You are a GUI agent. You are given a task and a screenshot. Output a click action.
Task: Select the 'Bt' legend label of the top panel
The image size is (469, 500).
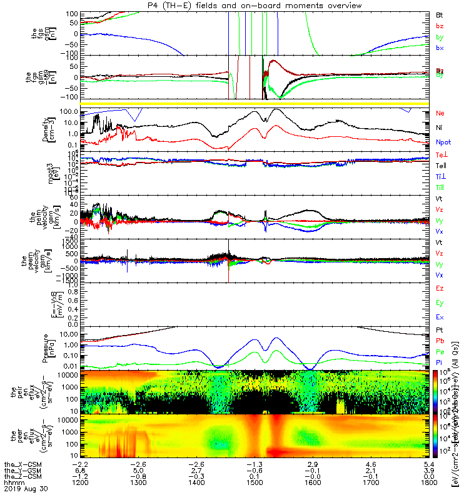[x=440, y=14]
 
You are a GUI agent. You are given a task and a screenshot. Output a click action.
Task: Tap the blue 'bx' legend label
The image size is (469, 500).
[x=440, y=48]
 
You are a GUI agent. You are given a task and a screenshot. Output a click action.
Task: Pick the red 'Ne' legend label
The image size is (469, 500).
[x=440, y=113]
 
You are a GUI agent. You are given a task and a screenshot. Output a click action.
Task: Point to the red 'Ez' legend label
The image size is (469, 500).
[x=440, y=288]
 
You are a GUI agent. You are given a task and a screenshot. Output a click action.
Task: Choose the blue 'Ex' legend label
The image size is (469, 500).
[x=440, y=317]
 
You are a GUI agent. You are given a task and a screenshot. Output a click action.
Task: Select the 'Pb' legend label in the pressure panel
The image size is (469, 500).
[x=440, y=341]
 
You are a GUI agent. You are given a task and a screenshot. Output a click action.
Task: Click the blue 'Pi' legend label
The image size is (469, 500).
[x=440, y=363]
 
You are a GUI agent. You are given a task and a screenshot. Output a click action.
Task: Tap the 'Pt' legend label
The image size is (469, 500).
[x=440, y=329]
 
